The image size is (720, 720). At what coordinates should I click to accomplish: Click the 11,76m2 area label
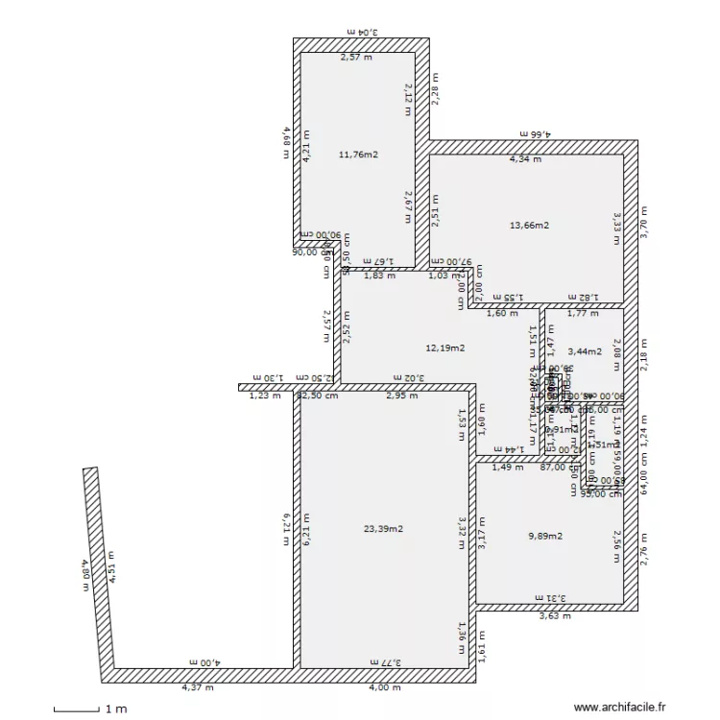pyautogui.click(x=359, y=154)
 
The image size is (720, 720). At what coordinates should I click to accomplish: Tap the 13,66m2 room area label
pyautogui.click(x=529, y=226)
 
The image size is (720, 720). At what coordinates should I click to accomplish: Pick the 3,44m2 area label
pyautogui.click(x=583, y=352)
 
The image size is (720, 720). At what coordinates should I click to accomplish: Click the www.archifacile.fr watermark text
pyautogui.click(x=619, y=708)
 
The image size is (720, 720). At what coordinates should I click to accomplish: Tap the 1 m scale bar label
pyautogui.click(x=116, y=709)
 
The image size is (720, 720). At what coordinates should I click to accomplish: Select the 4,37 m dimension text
pyautogui.click(x=199, y=686)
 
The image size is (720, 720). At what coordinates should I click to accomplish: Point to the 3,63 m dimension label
pyautogui.click(x=555, y=616)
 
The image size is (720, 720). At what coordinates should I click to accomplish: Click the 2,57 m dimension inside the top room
pyautogui.click(x=357, y=58)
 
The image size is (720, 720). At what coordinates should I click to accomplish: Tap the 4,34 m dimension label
pyautogui.click(x=525, y=159)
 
